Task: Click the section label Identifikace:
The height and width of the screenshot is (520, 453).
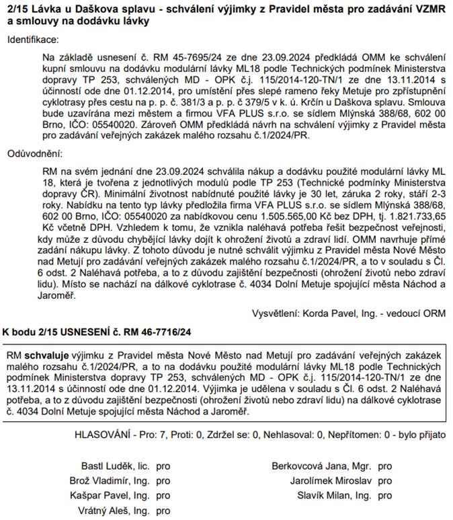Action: click(x=33, y=40)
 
